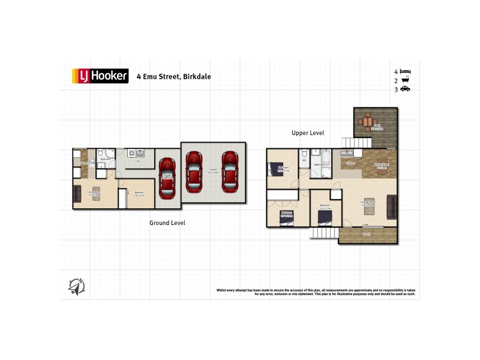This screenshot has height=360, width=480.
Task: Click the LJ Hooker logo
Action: (100, 76)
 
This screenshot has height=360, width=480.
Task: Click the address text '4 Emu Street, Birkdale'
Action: (173, 77)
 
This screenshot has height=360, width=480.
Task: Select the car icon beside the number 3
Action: (405, 89)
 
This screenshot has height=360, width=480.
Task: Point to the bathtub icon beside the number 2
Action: (405, 80)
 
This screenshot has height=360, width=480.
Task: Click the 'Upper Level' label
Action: (308, 133)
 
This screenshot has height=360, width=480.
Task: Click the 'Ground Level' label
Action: (167, 223)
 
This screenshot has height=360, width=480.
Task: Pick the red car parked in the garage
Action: (167, 178)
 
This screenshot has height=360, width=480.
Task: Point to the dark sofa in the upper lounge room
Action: (392, 208)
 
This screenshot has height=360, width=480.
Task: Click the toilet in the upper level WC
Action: (304, 154)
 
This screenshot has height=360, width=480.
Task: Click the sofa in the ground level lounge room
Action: (77, 194)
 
